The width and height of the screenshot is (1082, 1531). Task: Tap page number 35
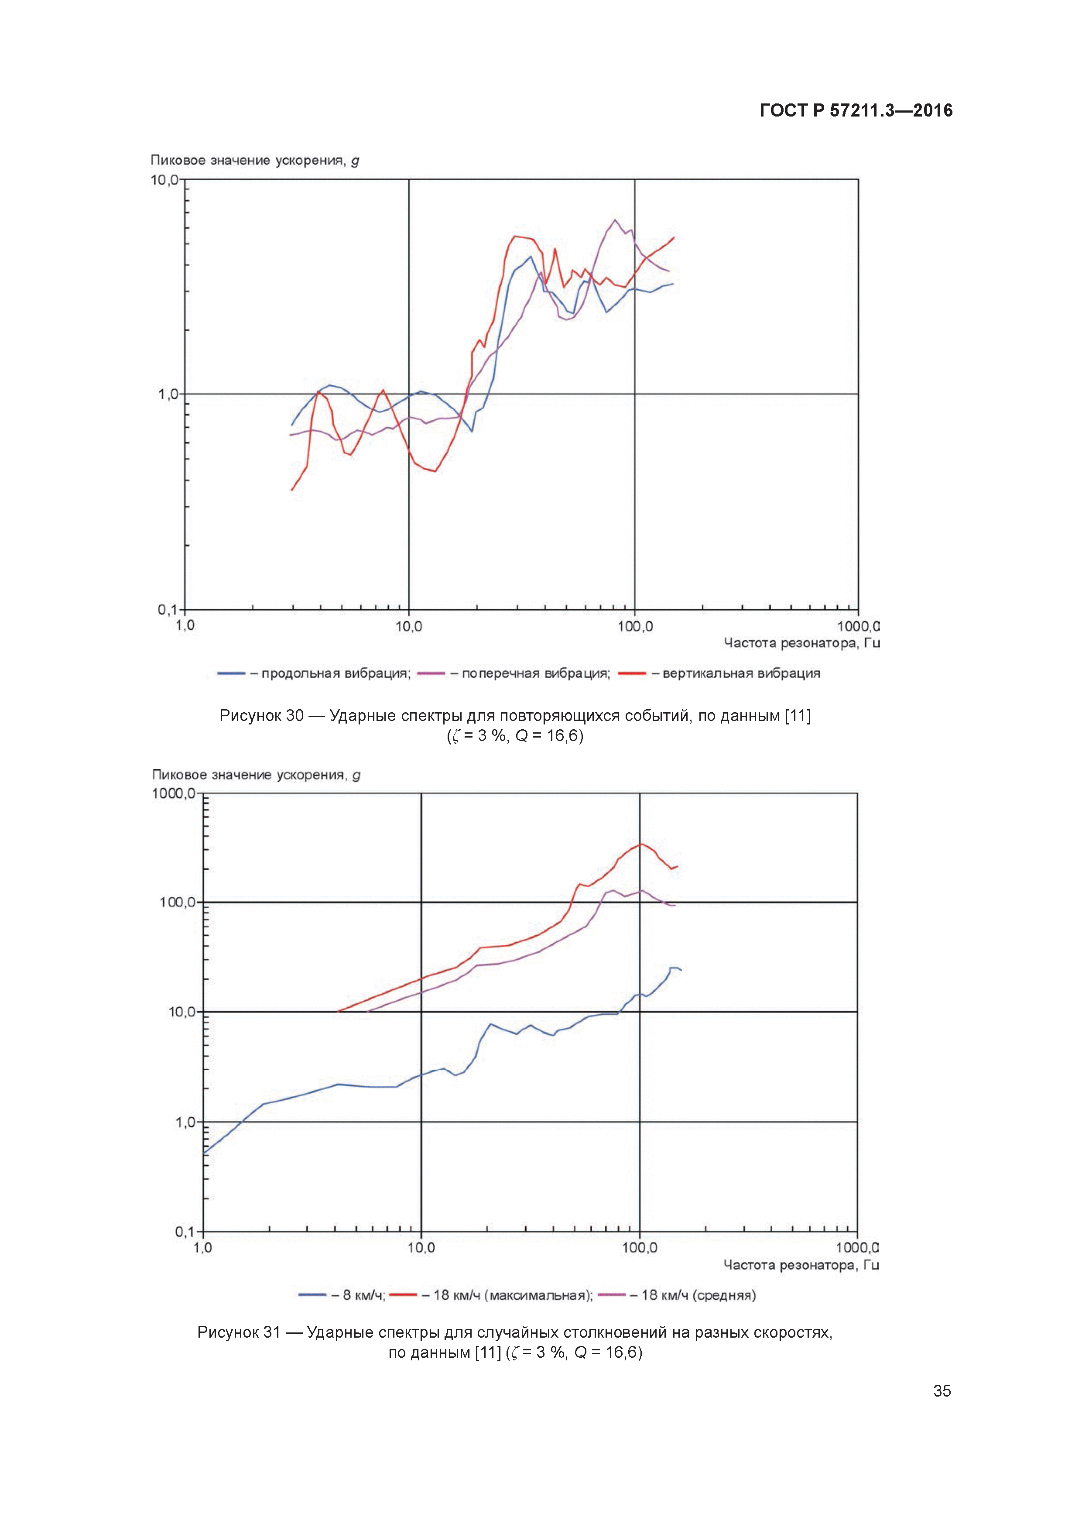point(942,1390)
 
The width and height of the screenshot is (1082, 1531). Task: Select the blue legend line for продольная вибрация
point(231,673)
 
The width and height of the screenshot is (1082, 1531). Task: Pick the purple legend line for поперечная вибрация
point(431,673)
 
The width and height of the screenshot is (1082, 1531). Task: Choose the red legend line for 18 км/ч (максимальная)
point(403,1295)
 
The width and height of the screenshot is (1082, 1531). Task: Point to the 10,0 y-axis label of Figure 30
point(164,180)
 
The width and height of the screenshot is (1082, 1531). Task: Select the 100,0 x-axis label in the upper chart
point(635,626)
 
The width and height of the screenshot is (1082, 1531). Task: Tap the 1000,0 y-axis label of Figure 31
point(173,793)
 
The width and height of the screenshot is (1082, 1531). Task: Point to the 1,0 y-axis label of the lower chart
point(185,1122)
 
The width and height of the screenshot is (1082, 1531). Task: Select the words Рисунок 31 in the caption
point(239,1332)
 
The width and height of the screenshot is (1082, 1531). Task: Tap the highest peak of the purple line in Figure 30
point(615,220)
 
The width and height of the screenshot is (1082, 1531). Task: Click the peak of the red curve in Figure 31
point(640,844)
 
